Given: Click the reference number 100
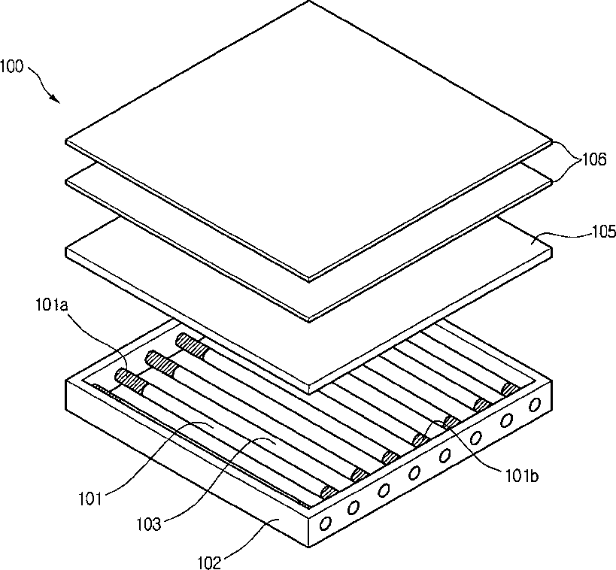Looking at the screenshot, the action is coord(12,66).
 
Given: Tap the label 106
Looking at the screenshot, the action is coord(594,159).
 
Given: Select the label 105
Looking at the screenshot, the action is coord(604,232).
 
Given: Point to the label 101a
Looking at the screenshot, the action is coord(52,305).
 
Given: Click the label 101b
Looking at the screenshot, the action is coord(522,476).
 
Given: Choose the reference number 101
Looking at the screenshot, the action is coord(90,499).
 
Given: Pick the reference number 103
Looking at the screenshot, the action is coord(149,524).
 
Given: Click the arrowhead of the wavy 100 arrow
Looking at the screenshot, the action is coord(56,99).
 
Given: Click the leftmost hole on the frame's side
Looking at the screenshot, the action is coord(326,523).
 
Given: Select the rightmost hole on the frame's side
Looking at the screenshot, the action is coord(534,405).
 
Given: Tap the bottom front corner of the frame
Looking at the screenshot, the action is coord(310,547).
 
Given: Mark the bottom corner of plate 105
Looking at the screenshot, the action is coord(310,393).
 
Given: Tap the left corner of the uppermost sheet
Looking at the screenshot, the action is coord(65,141).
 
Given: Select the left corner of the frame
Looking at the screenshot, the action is coord(67,381).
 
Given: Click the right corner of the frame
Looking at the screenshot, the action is coord(551,381).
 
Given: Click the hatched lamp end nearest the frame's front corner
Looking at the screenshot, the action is coord(329,493).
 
